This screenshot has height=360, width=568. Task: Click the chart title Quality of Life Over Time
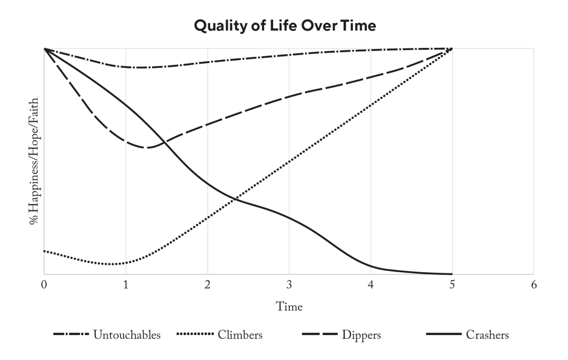(285, 26)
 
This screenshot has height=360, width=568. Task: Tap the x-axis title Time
(289, 307)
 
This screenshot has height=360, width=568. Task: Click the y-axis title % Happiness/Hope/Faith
(34, 161)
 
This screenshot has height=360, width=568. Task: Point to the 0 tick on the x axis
(44, 284)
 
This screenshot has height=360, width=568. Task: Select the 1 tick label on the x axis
(125, 284)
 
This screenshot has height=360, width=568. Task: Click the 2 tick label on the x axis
(207, 284)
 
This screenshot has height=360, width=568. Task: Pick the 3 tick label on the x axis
(289, 284)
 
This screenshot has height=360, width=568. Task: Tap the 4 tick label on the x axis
(371, 284)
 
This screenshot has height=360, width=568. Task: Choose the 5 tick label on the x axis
(452, 284)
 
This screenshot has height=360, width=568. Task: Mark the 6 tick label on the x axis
(533, 284)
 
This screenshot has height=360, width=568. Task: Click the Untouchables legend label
(127, 335)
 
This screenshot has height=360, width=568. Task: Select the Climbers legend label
(240, 335)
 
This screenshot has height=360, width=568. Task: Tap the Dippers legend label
(362, 335)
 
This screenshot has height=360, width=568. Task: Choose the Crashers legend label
(487, 335)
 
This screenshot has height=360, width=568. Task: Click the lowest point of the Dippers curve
(145, 147)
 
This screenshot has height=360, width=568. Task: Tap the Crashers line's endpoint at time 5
(452, 274)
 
